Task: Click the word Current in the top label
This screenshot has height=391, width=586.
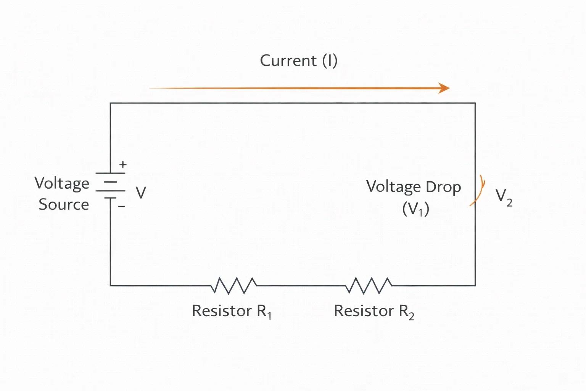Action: [288, 60]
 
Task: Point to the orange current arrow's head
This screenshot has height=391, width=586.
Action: [444, 88]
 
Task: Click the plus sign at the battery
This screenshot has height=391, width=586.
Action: [123, 165]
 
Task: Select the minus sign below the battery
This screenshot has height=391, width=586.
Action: [121, 206]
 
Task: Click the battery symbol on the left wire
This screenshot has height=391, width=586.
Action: [110, 186]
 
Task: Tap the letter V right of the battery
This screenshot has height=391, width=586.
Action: [141, 193]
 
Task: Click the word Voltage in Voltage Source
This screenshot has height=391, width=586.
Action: [62, 184]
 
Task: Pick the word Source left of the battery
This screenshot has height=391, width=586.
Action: [64, 204]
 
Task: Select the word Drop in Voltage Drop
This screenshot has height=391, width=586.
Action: [443, 187]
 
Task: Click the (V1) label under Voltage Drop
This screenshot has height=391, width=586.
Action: [416, 209]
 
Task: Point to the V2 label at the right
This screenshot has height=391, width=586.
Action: [504, 197]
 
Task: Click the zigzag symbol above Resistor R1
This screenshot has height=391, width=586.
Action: [233, 286]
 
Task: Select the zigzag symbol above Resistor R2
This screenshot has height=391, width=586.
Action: [369, 286]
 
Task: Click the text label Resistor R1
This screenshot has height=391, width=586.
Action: [232, 312]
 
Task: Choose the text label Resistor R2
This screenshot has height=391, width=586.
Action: [374, 312]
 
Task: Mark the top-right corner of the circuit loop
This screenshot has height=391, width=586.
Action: [475, 103]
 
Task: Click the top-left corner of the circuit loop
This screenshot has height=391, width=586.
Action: [110, 103]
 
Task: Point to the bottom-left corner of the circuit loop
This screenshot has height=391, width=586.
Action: [110, 286]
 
